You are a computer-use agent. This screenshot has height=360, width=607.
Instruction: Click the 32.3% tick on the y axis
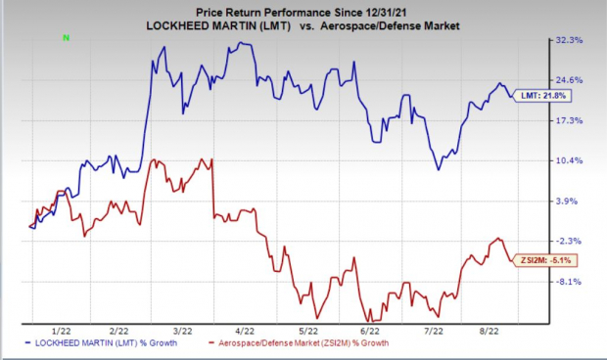click(x=570, y=40)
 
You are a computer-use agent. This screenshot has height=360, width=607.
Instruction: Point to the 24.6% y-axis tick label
click(x=570, y=80)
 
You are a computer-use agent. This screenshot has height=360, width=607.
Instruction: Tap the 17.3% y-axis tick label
click(x=570, y=120)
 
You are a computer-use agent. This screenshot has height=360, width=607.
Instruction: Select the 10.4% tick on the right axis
click(x=570, y=160)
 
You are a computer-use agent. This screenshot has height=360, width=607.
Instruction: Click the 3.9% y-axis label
click(x=568, y=201)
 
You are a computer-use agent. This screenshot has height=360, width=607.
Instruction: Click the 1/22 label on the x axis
click(x=61, y=331)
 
